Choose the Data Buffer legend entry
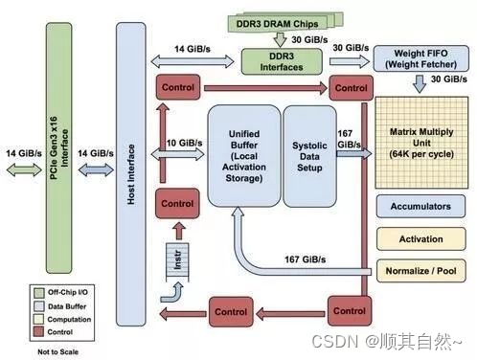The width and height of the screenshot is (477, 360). tap(57, 304)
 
